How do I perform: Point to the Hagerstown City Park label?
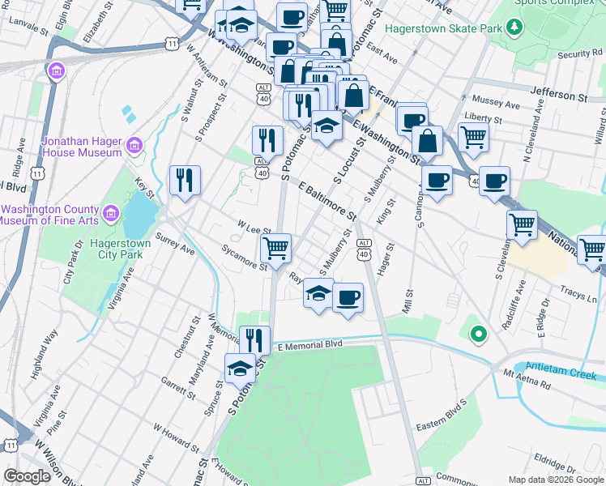(108, 247)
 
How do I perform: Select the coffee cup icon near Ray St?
(348, 297)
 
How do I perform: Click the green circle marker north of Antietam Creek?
(478, 332)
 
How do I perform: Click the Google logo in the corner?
(27, 476)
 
